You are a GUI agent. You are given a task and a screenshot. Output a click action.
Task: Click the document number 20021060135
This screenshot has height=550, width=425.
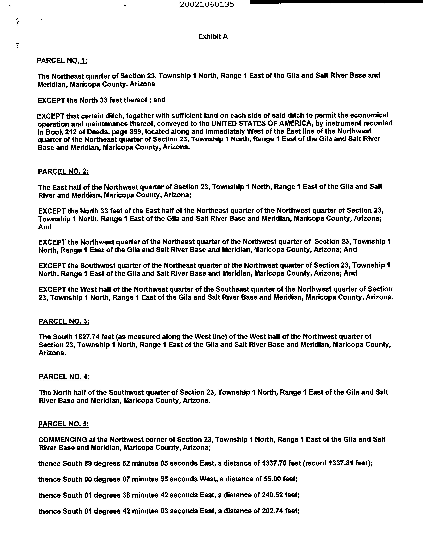click(207, 4)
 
